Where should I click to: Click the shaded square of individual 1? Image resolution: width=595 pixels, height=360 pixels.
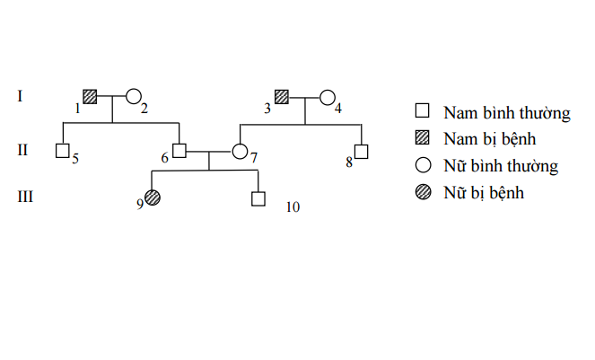pyautogui.click(x=90, y=96)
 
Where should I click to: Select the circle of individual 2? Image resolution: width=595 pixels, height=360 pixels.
pyautogui.click(x=134, y=96)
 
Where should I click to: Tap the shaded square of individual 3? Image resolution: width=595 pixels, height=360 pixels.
pyautogui.click(x=282, y=96)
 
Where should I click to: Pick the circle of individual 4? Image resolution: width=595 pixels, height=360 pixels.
pyautogui.click(x=328, y=96)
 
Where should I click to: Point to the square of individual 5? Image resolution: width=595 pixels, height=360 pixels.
pyautogui.click(x=63, y=150)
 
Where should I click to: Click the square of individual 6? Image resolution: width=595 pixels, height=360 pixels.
pyautogui.click(x=179, y=150)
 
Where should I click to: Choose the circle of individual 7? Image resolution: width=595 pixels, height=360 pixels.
pyautogui.click(x=241, y=151)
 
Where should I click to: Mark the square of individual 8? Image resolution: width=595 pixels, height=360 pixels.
pyautogui.click(x=362, y=151)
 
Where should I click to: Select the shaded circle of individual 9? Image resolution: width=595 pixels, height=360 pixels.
pyautogui.click(x=153, y=198)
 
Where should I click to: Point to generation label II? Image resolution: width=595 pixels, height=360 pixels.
pyautogui.click(x=24, y=150)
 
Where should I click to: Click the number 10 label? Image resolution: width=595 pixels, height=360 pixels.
pyautogui.click(x=293, y=207)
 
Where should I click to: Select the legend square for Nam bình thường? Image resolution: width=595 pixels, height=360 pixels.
pyautogui.click(x=422, y=112)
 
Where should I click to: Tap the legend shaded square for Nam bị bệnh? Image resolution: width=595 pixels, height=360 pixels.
pyautogui.click(x=422, y=138)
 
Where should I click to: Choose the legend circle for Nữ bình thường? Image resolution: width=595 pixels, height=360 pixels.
pyautogui.click(x=422, y=165)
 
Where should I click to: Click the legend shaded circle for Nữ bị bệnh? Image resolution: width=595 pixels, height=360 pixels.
pyautogui.click(x=422, y=191)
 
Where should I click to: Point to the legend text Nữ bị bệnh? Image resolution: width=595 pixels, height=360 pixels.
pyautogui.click(x=483, y=192)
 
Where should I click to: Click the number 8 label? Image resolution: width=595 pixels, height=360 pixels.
pyautogui.click(x=349, y=162)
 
